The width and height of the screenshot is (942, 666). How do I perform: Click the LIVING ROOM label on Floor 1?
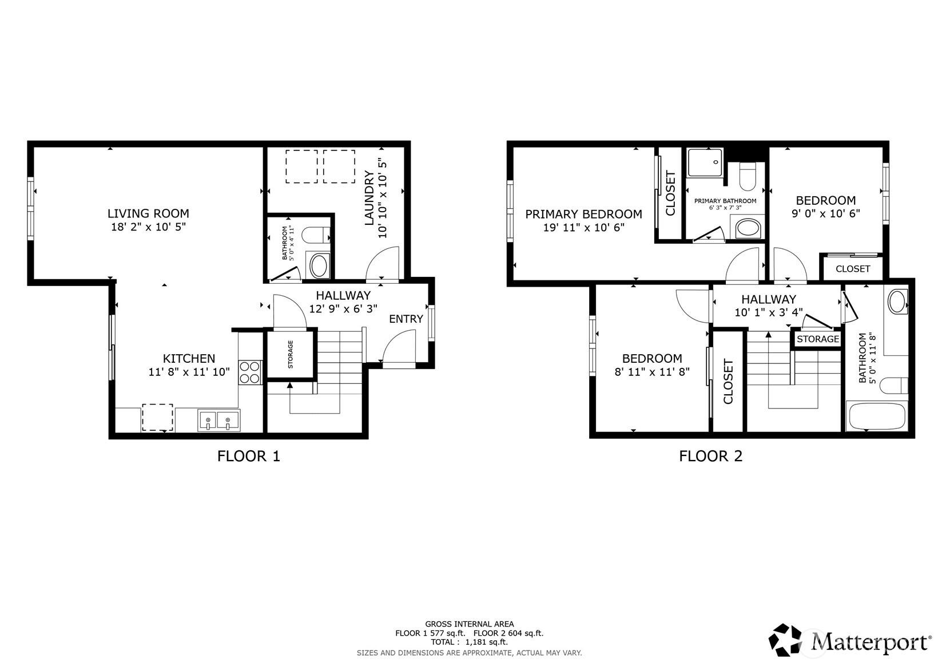pos(148,213)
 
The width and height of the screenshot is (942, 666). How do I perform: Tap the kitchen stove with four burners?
pos(250,372)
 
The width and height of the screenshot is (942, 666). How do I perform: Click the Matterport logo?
pos(849,640)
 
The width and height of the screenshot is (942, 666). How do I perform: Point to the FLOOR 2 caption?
pos(710,456)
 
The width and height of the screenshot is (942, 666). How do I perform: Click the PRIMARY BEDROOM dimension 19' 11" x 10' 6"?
pos(583,227)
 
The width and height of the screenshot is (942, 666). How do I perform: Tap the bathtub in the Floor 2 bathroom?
pos(876,417)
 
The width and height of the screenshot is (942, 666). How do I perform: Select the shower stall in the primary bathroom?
pos(705,162)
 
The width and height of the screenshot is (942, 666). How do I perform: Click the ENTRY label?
pos(406,319)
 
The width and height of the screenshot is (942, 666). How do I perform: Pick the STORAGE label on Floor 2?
pos(817,339)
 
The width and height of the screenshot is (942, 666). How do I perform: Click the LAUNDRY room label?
pos(369,197)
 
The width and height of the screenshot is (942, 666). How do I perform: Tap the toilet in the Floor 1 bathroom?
pos(315,235)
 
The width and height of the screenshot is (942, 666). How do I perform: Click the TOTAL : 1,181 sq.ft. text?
pos(469,642)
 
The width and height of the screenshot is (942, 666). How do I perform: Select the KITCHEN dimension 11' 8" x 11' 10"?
pos(189,372)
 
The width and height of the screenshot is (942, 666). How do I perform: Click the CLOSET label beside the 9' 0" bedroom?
pos(852,268)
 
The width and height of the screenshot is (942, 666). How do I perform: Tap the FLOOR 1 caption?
pos(249,456)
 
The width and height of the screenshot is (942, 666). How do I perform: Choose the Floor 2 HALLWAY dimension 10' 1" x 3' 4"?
pos(768,312)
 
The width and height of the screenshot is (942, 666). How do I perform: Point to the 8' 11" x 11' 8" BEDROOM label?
pos(652,358)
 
